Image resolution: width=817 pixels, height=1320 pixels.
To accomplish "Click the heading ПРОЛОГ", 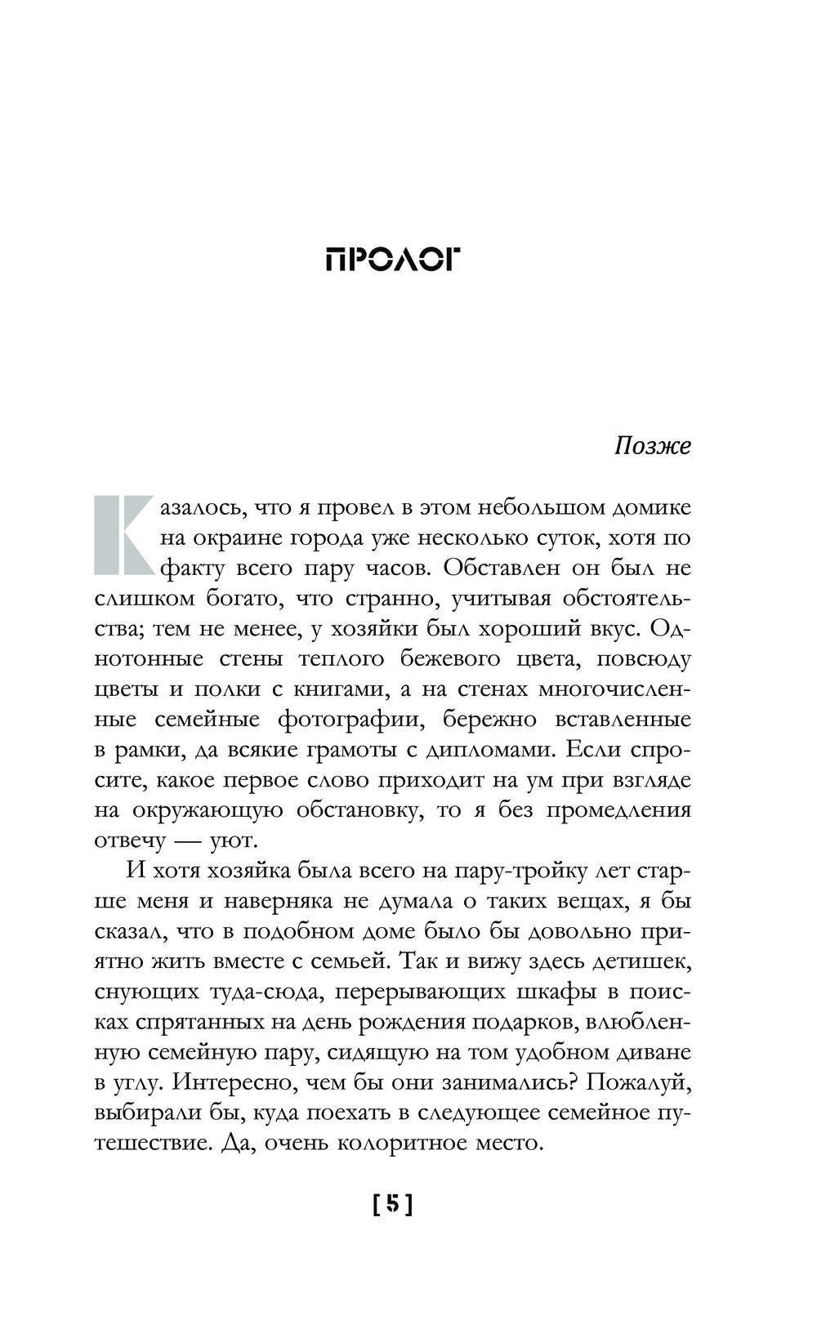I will click(393, 260).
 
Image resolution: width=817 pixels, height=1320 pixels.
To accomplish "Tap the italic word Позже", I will click(652, 446).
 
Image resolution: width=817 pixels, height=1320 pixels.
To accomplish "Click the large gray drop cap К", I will click(124, 535).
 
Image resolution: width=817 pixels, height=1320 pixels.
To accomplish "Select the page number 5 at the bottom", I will click(393, 1204).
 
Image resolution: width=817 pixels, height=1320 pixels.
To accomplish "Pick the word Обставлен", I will click(500, 569).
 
